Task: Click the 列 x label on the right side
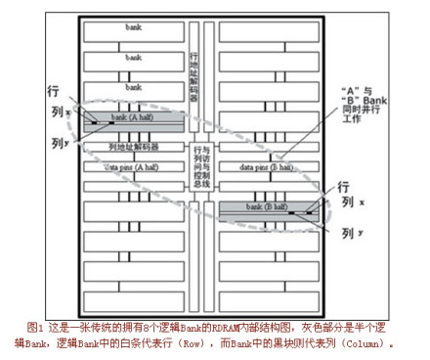[x=349, y=202]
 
